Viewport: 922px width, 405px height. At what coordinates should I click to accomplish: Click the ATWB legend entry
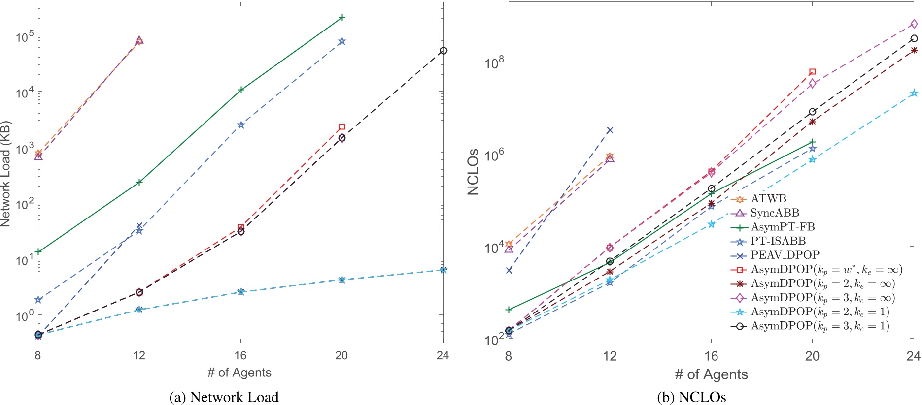click(x=768, y=199)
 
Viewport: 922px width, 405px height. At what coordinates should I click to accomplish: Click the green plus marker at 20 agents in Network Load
click(x=342, y=18)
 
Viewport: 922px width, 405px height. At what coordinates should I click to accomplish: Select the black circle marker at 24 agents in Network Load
click(x=443, y=51)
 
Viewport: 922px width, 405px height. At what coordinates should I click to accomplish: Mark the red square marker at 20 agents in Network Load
click(x=342, y=127)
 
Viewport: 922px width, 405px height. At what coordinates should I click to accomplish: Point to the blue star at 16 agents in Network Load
click(x=240, y=125)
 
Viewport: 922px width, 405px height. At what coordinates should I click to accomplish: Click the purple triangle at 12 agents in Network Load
click(x=139, y=40)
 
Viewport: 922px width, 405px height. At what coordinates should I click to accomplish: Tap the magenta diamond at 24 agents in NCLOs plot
click(x=914, y=24)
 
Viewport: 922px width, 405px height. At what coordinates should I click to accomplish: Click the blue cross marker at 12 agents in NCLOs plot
click(x=610, y=130)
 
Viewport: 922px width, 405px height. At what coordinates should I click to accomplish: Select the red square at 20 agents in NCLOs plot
click(x=813, y=72)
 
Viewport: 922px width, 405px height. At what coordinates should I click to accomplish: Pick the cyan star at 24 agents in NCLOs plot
click(x=914, y=93)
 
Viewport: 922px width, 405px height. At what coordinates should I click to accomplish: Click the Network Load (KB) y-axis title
click(x=6, y=174)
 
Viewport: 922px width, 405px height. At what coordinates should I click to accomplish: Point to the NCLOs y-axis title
click(x=473, y=172)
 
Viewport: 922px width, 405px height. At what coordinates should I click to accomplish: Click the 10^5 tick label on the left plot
click(x=25, y=37)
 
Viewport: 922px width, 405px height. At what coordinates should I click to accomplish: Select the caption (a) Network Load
click(x=224, y=397)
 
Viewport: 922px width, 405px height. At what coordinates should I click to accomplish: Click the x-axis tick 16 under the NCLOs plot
click(x=711, y=356)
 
